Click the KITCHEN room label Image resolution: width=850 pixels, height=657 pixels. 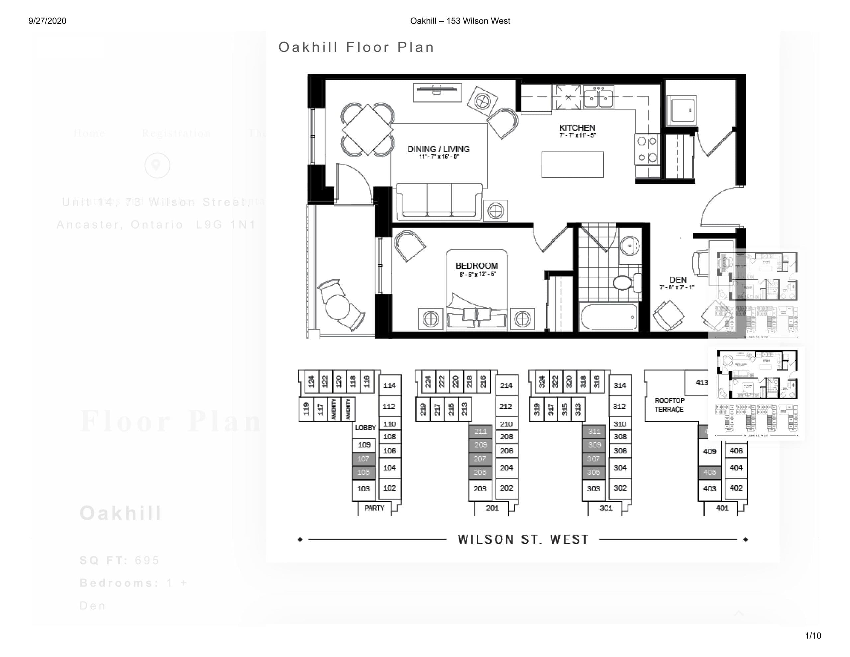577,128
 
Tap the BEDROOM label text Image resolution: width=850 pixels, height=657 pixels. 476,266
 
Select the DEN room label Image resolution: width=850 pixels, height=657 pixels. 678,280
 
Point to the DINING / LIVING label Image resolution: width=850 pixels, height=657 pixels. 438,149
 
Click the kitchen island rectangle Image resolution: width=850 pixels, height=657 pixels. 572,165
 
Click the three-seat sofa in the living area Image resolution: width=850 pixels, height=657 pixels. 439,201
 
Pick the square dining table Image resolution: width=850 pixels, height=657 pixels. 368,129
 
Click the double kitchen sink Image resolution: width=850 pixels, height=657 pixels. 598,97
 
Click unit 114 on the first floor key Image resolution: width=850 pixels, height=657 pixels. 389,386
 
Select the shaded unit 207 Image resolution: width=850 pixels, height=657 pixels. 480,459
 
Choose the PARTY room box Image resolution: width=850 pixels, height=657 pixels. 374,508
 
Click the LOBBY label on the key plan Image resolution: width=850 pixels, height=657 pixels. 365,427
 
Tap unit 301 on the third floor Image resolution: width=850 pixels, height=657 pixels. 606,508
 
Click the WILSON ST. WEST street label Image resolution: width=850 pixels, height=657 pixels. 523,539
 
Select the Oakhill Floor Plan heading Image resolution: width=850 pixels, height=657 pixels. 356,47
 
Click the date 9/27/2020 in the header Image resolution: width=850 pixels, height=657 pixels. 47,21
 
